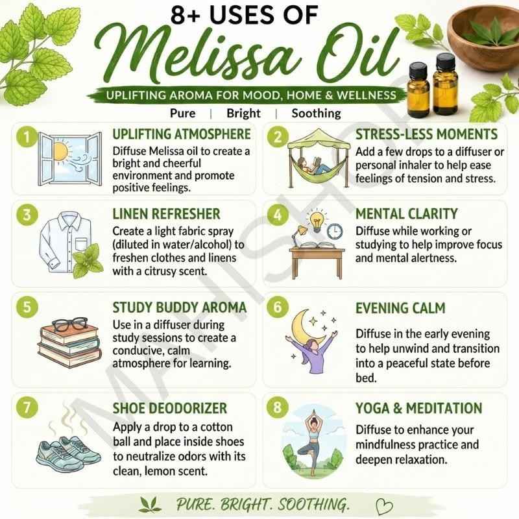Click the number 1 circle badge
27,136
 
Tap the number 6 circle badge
278,306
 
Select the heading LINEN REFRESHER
166,214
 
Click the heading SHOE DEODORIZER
170,408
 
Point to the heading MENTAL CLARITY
407,214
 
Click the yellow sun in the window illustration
60,152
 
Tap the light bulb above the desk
317,221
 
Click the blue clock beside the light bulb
335,231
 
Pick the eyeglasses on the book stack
70,324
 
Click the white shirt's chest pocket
82,245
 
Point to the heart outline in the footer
385,506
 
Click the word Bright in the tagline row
244,113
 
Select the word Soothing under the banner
316,113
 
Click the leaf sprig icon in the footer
151,505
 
